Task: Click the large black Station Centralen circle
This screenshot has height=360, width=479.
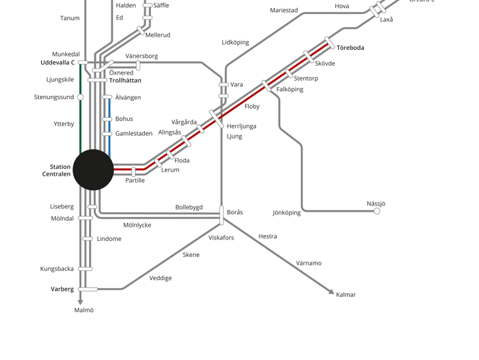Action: pos(93,170)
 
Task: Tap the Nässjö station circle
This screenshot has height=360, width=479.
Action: pos(377,211)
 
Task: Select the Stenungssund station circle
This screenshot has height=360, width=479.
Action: pos(80,97)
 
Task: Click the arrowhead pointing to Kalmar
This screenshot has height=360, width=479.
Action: pos(331,292)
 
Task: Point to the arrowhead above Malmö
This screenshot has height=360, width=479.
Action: pos(80,302)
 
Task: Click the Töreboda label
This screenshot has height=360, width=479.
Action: pos(351,48)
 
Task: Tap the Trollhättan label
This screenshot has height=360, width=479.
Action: pos(125,81)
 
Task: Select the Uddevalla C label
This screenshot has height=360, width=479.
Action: pos(58,63)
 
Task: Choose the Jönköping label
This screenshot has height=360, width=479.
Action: pos(287,213)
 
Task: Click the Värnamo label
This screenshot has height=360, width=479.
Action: pos(309,263)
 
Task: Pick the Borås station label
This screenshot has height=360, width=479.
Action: pos(235,212)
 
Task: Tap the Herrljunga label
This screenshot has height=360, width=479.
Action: pos(241,126)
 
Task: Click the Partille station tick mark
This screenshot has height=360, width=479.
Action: pos(133,172)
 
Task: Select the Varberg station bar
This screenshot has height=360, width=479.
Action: pos(88,289)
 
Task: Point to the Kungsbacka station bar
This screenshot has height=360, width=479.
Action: pos(85,269)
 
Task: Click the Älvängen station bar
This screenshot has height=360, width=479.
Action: pos(107,97)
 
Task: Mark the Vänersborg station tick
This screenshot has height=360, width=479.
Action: pos(138,65)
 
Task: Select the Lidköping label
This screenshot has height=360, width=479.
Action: pos(236,43)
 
